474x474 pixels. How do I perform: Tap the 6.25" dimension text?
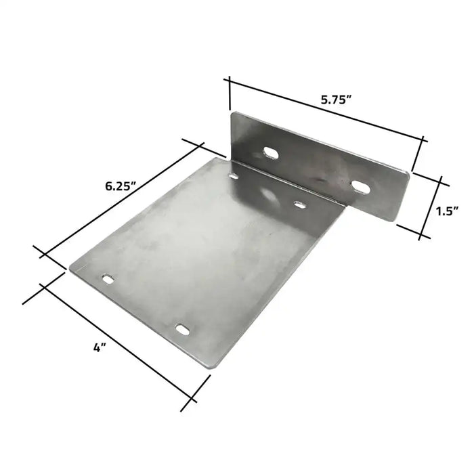(x=121, y=186)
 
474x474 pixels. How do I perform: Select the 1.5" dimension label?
(x=448, y=211)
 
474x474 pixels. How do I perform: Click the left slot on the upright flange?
(x=270, y=153)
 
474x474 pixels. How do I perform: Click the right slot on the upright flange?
(x=361, y=185)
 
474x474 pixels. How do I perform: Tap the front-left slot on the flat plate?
(x=108, y=278)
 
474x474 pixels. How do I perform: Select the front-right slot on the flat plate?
(x=183, y=328)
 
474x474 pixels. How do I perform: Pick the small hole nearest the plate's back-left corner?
(x=234, y=177)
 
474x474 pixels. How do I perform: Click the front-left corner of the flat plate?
(x=70, y=268)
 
